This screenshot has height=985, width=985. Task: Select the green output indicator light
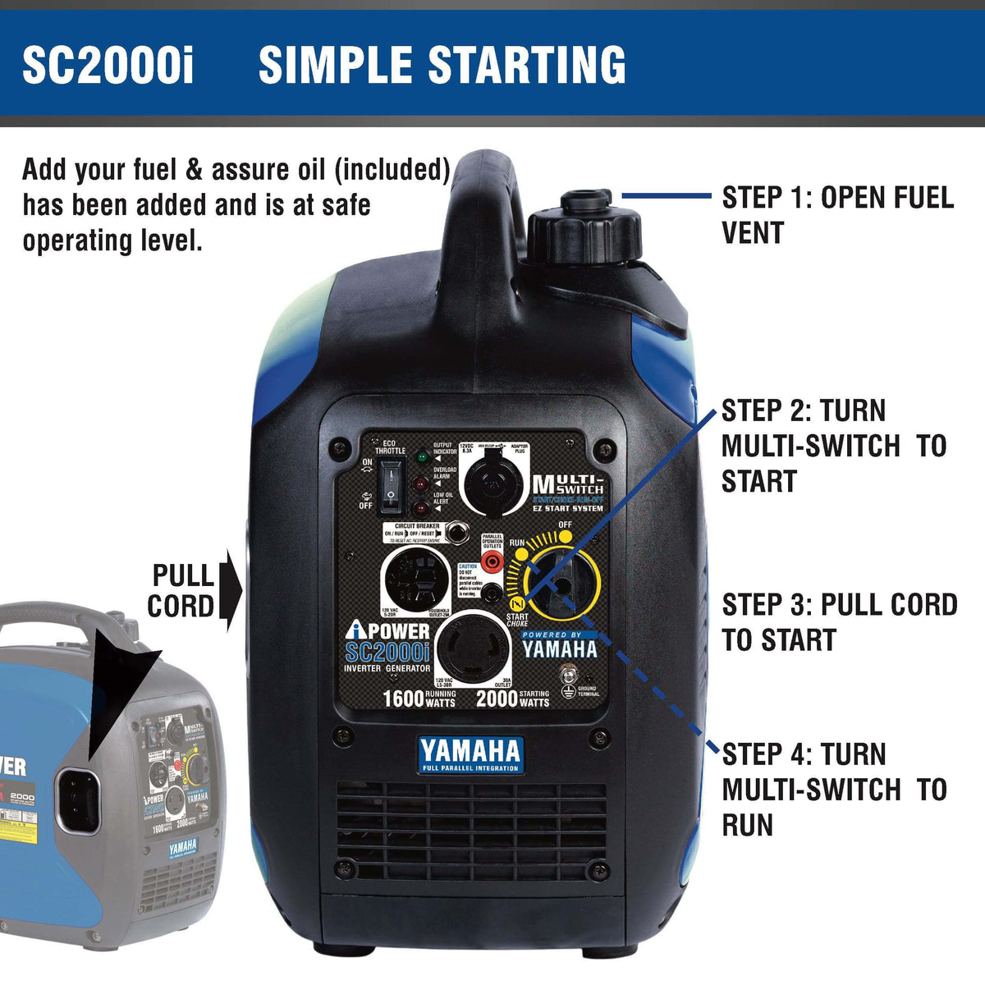click(422, 456)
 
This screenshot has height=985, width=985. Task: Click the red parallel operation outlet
click(492, 561)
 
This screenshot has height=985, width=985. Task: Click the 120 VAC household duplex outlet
click(418, 580)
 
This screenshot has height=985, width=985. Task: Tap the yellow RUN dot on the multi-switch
click(520, 554)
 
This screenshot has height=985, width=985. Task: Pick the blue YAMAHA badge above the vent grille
click(470, 753)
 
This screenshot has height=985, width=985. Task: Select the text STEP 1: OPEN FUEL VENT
click(837, 214)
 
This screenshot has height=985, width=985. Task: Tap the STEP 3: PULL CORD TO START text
click(839, 622)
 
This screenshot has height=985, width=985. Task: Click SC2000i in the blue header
click(108, 65)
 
